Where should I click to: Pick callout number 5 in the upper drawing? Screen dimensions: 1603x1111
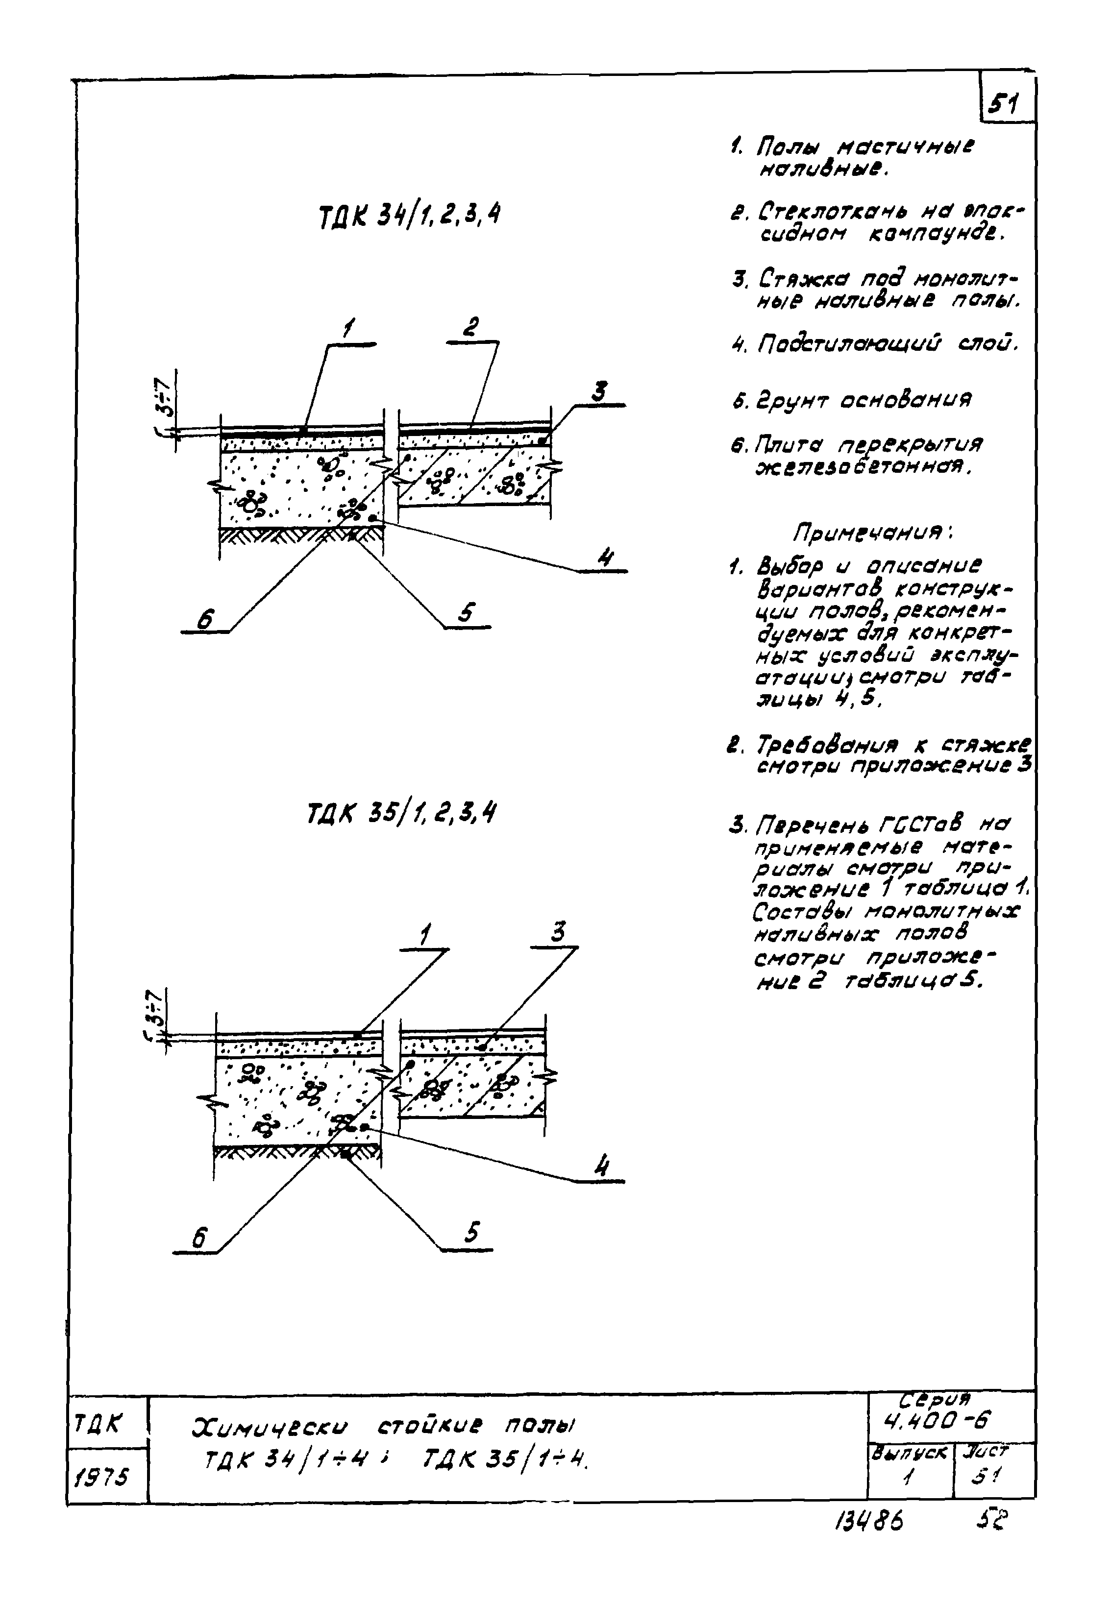tap(467, 613)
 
